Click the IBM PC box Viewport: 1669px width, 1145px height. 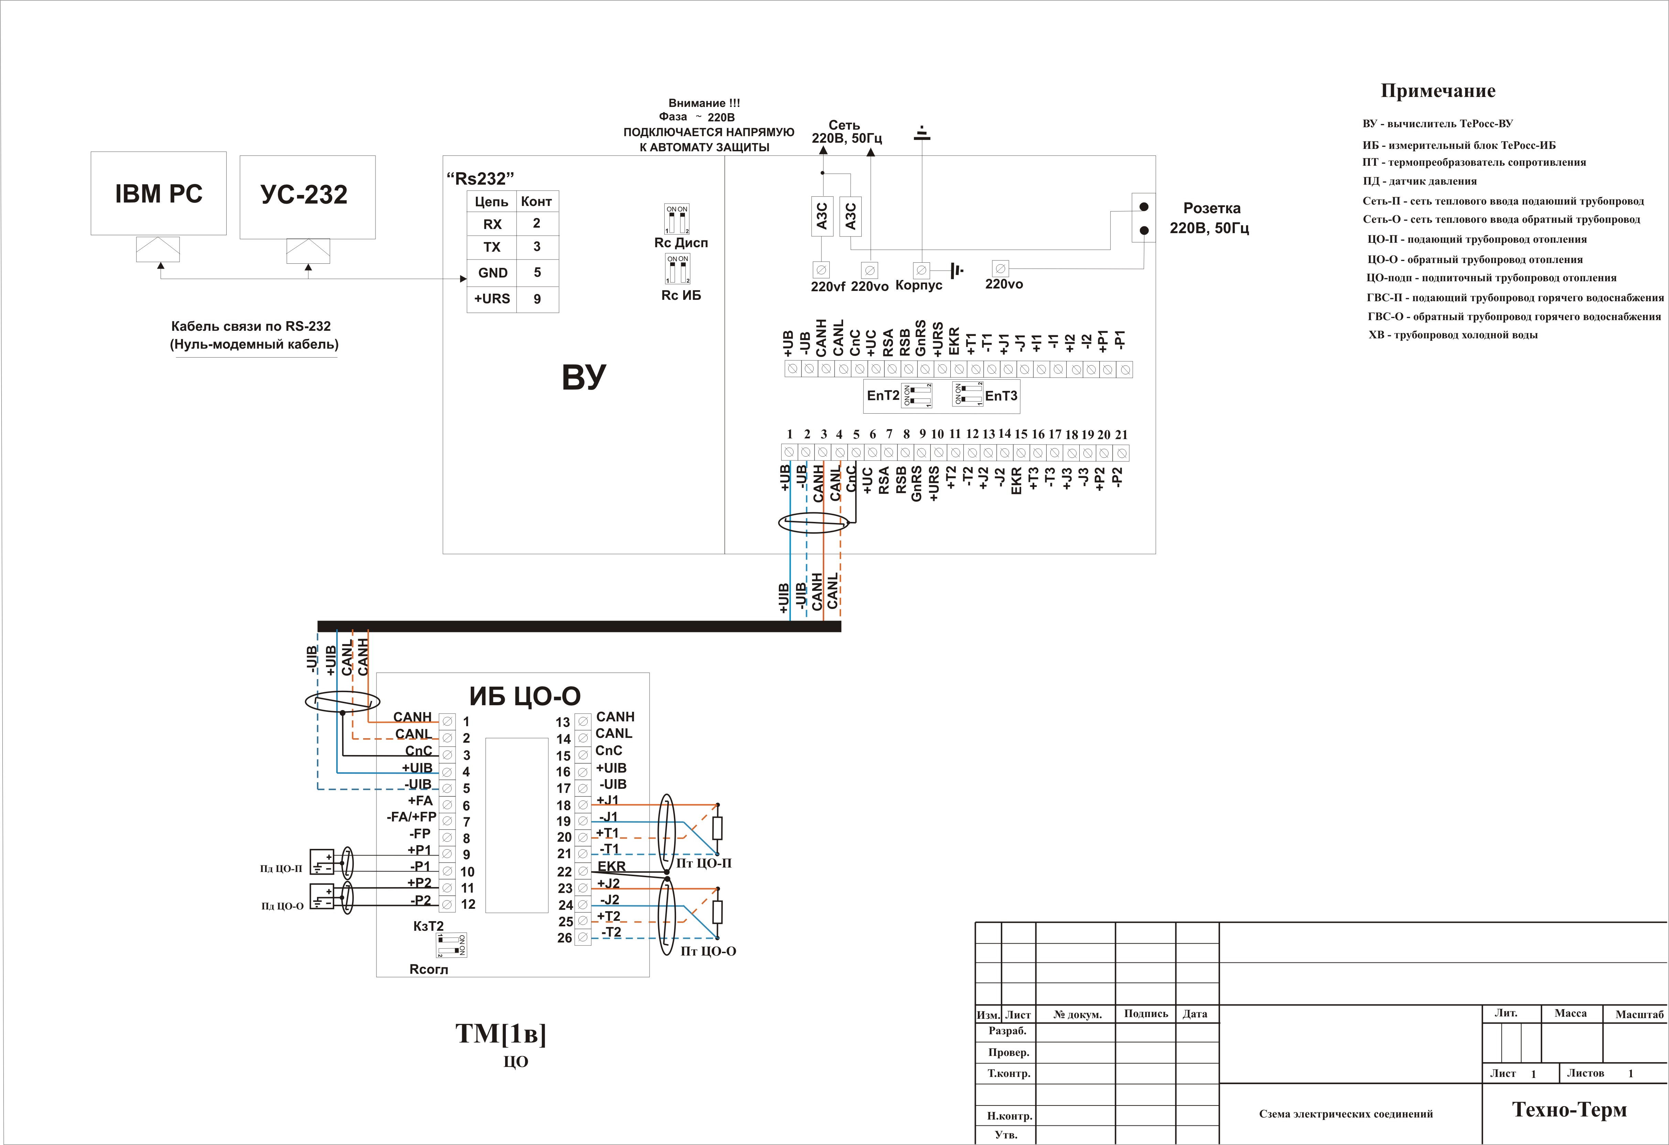click(x=159, y=193)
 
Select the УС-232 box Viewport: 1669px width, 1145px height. click(x=307, y=197)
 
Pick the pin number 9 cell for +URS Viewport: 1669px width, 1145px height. click(x=537, y=299)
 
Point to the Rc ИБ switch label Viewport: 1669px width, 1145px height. click(x=681, y=295)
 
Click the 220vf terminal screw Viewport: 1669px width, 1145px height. click(x=821, y=269)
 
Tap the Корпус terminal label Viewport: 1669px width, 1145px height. click(x=918, y=285)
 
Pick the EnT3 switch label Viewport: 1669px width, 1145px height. click(x=1001, y=396)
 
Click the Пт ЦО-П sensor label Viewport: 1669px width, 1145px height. click(x=704, y=863)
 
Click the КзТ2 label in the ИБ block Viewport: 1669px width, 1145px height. click(x=429, y=926)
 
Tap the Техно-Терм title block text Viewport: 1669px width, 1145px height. click(x=1570, y=1110)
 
